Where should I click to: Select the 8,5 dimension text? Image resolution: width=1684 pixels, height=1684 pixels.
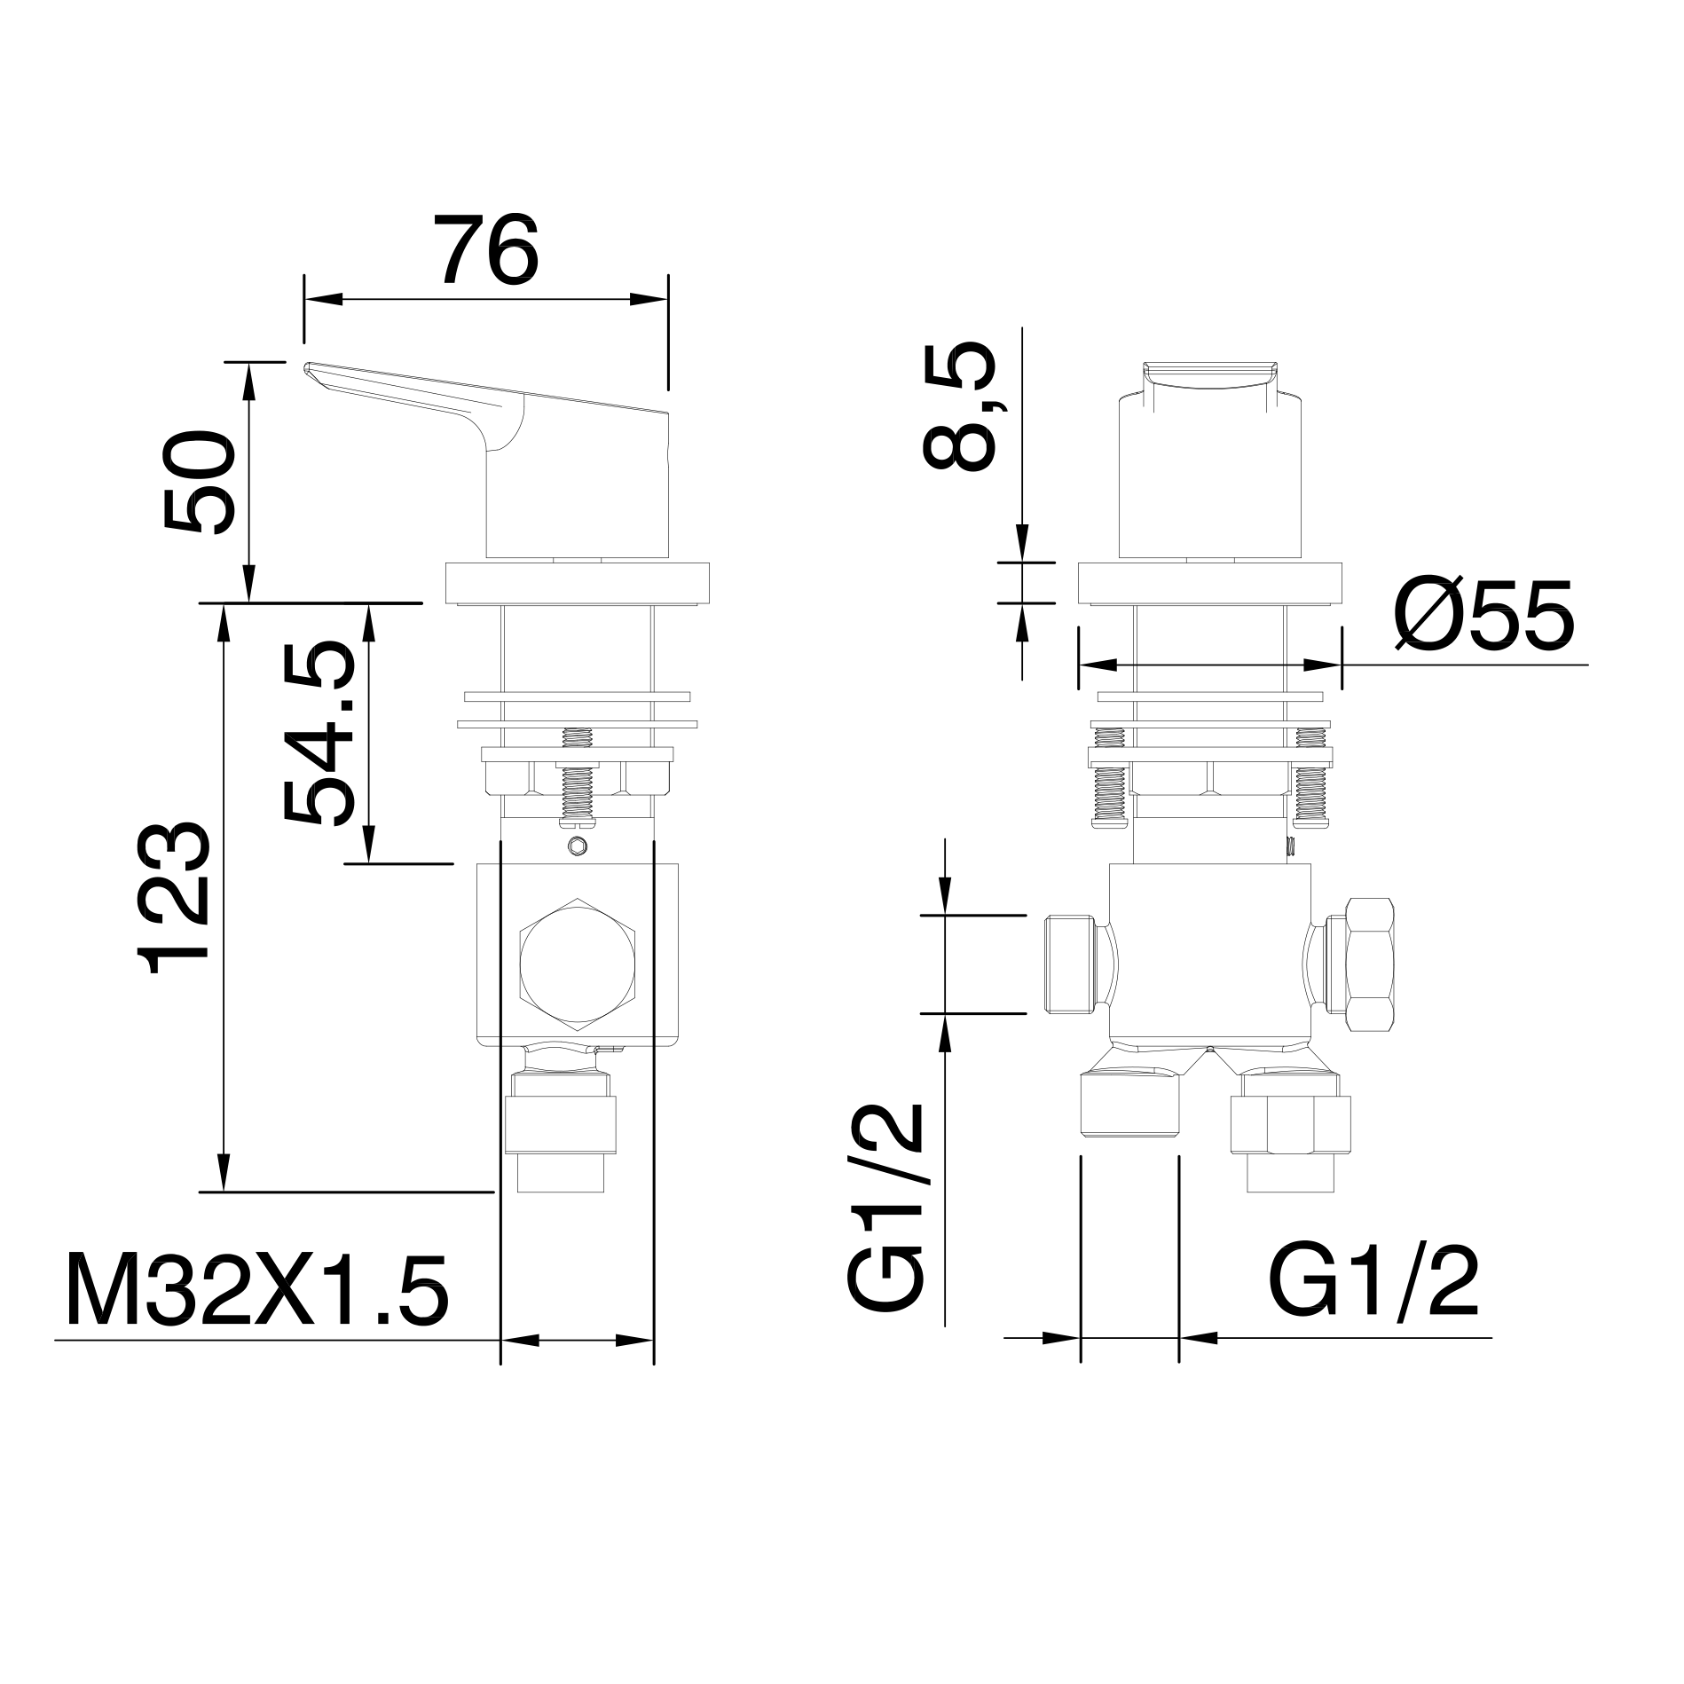point(961,407)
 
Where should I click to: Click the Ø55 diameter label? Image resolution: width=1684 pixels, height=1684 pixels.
point(1483,615)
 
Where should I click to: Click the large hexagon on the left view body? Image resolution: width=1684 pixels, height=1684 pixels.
point(578,964)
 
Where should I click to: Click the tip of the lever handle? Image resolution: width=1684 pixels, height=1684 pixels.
point(310,367)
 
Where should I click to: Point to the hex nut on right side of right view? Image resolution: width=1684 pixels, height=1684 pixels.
point(1371,964)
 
